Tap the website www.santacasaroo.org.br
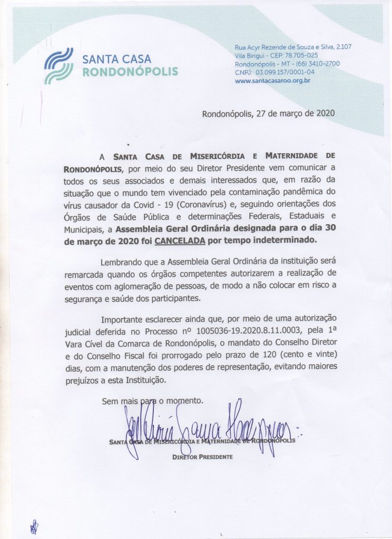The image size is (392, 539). pyautogui.click(x=272, y=81)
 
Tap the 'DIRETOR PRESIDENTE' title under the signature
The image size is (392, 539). pyautogui.click(x=202, y=456)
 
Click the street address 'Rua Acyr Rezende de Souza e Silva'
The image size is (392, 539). pyautogui.click(x=287, y=47)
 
